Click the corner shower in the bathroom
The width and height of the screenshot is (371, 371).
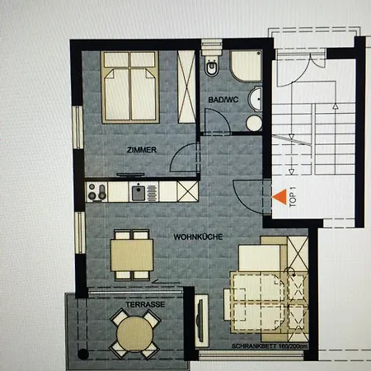point(247,67)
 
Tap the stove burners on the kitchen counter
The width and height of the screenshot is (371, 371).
point(97,192)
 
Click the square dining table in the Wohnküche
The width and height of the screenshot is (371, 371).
point(131,253)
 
